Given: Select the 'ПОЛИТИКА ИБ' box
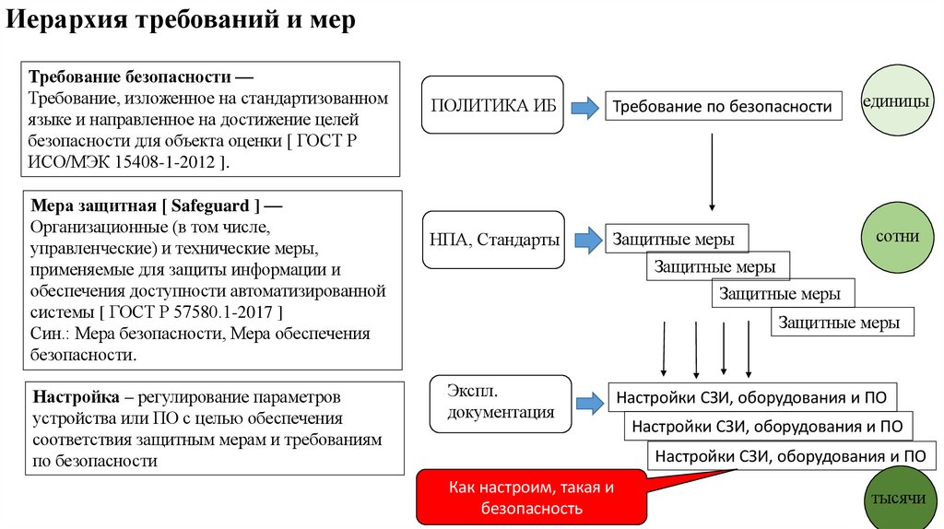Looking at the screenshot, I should click(x=493, y=105).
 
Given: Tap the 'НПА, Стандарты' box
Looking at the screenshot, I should click(x=494, y=241).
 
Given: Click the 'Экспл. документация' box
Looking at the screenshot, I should click(x=501, y=403).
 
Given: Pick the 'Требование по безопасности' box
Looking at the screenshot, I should click(x=723, y=107).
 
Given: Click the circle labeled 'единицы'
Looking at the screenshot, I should click(x=895, y=102).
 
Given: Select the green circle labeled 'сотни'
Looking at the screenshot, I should click(x=895, y=237).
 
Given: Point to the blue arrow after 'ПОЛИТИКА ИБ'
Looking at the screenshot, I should click(x=583, y=108).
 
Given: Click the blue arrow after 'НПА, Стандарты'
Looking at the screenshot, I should click(x=583, y=241).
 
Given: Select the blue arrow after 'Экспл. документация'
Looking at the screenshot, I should click(x=587, y=403).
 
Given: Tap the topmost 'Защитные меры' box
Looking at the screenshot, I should click(x=675, y=240).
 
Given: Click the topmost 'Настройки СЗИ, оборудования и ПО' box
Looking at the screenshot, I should click(x=752, y=398).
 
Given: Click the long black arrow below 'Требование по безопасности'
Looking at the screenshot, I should click(x=713, y=170).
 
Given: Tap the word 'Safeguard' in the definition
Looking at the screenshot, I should click(x=218, y=205).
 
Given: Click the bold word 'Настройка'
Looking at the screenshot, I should click(x=76, y=398).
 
